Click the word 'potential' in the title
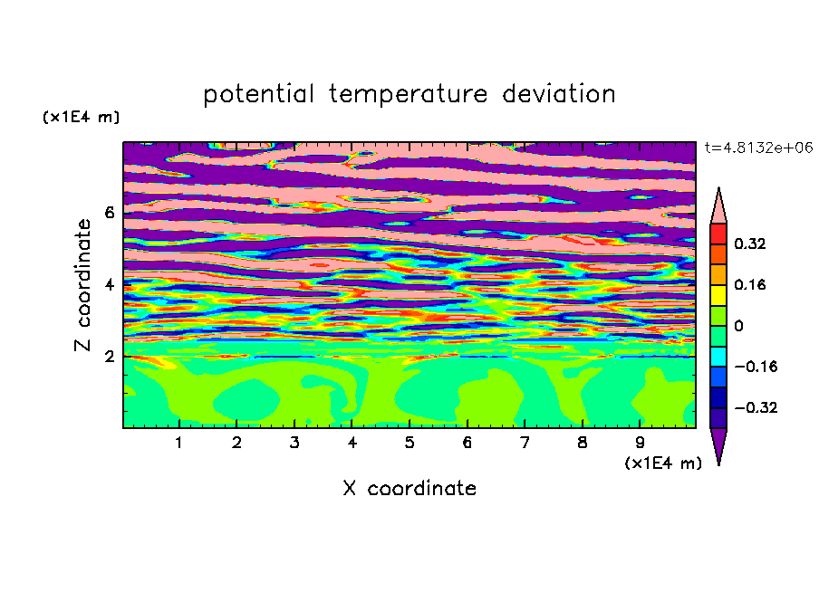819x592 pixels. pos(258,94)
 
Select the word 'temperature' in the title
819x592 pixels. pos(409,94)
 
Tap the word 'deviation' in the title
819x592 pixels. pos(559,93)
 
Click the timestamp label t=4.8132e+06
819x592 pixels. pos(758,148)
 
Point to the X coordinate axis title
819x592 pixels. pos(409,488)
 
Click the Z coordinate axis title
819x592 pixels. pos(82,284)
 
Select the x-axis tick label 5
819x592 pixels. pos(409,443)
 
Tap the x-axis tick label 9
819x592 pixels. pos(640,443)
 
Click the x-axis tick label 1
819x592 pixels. pos(179,443)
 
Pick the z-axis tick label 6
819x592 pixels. pos(109,213)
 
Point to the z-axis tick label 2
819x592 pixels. pos(109,357)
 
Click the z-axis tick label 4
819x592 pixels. pos(109,285)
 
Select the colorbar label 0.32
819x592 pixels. pos(750,243)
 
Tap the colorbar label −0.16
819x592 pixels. pos(756,367)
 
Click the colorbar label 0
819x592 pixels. pos(738,326)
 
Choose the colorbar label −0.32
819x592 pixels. pos(756,407)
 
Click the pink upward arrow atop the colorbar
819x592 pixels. pos(718,209)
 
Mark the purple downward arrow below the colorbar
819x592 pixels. pos(718,443)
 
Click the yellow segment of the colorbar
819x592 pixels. pos(718,295)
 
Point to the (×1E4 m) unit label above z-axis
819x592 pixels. pos(81,118)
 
